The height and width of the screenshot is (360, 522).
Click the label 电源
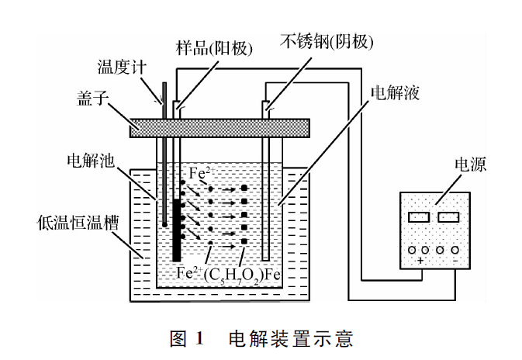472,165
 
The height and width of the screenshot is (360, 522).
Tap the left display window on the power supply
417,217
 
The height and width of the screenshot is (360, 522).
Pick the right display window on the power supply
448,217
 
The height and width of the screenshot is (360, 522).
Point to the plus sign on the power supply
420,261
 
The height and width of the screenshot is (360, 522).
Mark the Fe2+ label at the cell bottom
190,272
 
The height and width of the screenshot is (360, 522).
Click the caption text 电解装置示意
291,339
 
